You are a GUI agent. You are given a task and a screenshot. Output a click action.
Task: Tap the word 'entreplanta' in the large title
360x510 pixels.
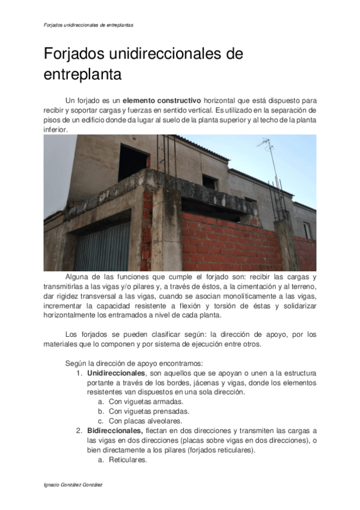(x=82, y=76)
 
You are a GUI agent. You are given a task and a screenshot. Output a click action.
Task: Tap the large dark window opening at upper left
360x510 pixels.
(x=133, y=162)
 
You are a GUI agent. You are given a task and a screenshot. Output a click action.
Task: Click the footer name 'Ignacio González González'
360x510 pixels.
(x=75, y=484)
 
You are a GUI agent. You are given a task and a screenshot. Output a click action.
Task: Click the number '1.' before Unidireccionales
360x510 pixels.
(x=79, y=373)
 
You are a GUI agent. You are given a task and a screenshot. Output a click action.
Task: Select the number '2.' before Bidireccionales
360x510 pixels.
(x=79, y=431)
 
